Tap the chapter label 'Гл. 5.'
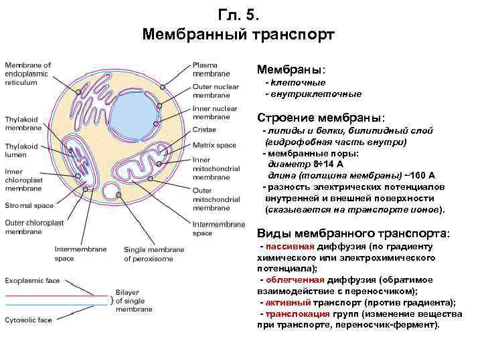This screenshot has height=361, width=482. [x=242, y=15]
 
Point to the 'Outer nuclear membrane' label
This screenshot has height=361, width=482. [x=215, y=90]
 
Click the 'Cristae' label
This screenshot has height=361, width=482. [x=204, y=129]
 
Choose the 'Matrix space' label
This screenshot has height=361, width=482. [x=214, y=144]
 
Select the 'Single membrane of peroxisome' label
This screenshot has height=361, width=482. [x=153, y=253]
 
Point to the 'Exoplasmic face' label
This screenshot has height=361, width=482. [x=33, y=280]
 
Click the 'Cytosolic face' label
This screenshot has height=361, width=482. [x=29, y=320]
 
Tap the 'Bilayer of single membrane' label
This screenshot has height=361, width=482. [x=133, y=300]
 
